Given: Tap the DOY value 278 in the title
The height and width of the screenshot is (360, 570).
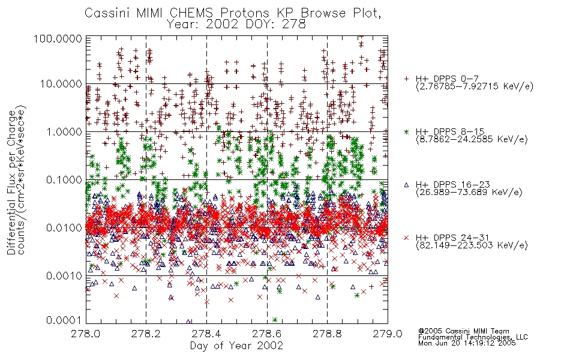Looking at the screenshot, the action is [294, 25].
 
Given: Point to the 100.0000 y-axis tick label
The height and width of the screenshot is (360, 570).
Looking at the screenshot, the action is [58, 38].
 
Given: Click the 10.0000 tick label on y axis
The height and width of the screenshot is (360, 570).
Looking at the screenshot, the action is [61, 84].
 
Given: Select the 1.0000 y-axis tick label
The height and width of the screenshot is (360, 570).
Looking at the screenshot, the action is [64, 131].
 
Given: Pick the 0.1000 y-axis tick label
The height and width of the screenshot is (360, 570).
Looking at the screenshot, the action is [64, 179].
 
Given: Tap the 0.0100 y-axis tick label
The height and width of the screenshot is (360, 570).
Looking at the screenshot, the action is [64, 228].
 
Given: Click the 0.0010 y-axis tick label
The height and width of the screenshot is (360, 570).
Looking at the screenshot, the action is [64, 276].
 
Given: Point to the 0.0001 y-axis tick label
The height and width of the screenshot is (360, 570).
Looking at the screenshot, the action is [64, 320].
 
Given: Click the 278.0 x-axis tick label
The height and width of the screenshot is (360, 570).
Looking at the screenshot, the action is [86, 334].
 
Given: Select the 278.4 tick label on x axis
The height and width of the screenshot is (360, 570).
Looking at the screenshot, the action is [206, 334].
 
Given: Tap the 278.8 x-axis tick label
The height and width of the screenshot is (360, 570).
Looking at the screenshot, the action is [327, 334].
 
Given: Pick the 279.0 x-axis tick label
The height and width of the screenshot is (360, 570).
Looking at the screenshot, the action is [388, 334].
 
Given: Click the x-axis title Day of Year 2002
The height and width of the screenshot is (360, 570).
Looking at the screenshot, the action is [236, 346].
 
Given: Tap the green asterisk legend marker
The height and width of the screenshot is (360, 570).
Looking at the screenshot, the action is [406, 131].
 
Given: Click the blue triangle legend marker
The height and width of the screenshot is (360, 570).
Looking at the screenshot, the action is [406, 185].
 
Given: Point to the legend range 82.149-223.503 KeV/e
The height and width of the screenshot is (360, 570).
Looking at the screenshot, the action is [472, 245].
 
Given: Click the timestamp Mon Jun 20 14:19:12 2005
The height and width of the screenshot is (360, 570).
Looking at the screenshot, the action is [467, 343].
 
